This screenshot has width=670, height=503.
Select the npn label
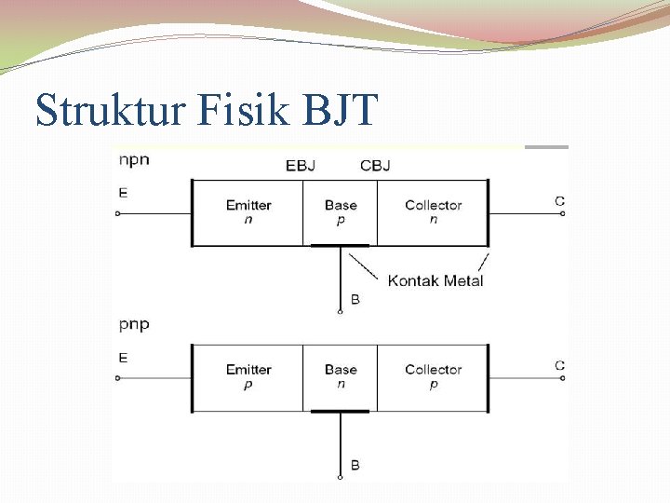tap(134, 159)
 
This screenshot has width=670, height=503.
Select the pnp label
tap(134, 325)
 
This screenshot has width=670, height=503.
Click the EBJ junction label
tap(301, 166)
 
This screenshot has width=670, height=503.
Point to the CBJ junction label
tap(375, 166)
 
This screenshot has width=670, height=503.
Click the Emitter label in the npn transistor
tap(248, 205)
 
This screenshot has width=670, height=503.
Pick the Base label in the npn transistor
tap(341, 205)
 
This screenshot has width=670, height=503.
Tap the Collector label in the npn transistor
tap(433, 205)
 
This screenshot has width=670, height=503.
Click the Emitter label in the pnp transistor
tap(248, 370)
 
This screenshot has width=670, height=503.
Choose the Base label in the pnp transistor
tap(341, 370)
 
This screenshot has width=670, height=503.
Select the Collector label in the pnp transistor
tap(433, 370)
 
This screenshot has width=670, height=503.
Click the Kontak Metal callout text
tap(435, 280)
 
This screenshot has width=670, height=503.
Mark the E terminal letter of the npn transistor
tap(123, 194)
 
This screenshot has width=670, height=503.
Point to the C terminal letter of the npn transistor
tap(559, 200)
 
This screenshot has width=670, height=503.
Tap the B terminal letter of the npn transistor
tap(355, 300)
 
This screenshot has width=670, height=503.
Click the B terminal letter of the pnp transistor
tap(355, 465)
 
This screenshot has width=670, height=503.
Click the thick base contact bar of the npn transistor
tap(340, 246)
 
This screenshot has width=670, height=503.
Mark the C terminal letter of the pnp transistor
tap(559, 365)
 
